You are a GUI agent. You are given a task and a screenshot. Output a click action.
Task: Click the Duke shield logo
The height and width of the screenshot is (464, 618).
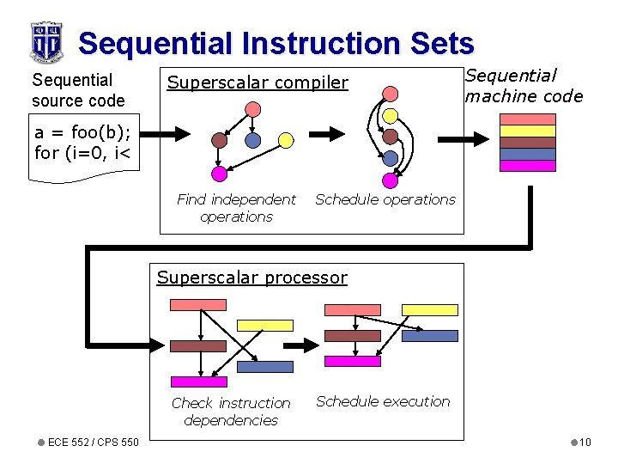click(x=46, y=41)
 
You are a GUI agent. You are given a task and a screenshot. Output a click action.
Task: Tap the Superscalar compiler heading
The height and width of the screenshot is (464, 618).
click(x=257, y=82)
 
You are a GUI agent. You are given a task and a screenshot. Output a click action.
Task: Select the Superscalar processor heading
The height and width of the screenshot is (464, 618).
click(x=251, y=278)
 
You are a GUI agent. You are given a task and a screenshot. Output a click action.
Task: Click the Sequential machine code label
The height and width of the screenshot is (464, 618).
click(x=524, y=86)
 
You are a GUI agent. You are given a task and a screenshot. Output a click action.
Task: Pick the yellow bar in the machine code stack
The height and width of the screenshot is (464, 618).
click(x=528, y=131)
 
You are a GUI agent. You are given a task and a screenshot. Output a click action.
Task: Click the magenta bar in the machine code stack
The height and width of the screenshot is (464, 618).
click(x=528, y=166)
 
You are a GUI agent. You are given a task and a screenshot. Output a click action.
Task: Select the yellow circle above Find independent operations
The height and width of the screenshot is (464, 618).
click(x=286, y=139)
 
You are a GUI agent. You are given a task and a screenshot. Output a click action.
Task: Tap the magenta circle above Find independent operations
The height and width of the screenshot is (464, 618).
click(x=219, y=174)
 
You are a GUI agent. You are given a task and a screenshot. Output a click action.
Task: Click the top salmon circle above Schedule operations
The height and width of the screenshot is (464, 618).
click(x=390, y=93)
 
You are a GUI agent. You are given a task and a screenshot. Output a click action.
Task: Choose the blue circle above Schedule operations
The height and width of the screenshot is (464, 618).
click(x=390, y=158)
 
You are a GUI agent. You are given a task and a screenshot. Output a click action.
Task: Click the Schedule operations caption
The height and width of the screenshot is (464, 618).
click(x=385, y=199)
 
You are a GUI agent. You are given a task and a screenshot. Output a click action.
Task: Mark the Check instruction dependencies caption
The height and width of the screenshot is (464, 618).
click(x=231, y=411)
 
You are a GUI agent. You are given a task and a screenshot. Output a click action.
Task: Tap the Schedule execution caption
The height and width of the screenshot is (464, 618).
click(x=383, y=401)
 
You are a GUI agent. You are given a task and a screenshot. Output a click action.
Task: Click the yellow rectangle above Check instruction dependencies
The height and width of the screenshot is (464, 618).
click(x=264, y=326)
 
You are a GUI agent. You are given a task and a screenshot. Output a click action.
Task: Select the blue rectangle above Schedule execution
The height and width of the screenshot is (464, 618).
click(x=430, y=336)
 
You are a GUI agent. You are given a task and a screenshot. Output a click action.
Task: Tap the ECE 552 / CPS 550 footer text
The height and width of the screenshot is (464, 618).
click(x=93, y=443)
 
